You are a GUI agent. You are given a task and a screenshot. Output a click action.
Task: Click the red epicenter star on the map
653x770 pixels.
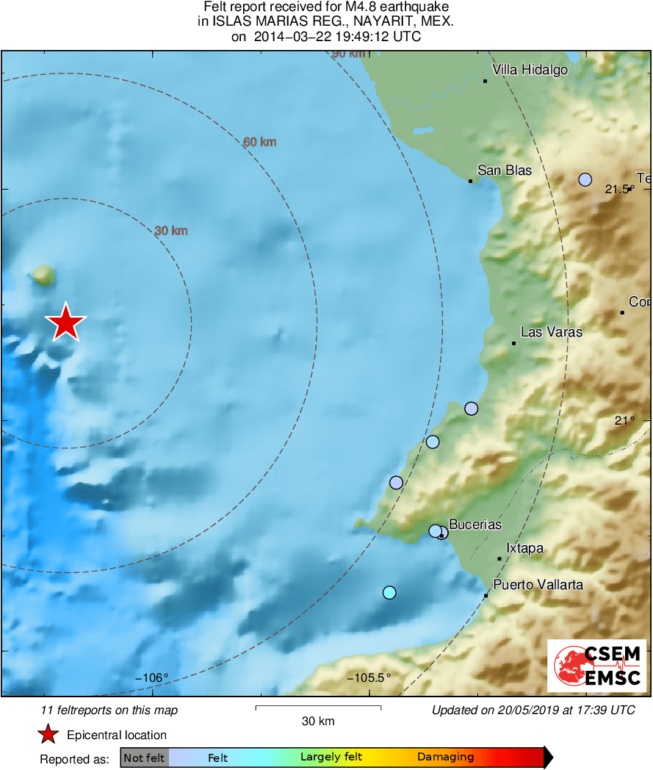pyautogui.click(x=66, y=323)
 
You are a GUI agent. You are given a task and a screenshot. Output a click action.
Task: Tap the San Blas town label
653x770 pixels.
pyautogui.click(x=504, y=170)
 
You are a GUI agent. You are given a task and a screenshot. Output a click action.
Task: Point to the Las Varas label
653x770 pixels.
pyautogui.click(x=551, y=332)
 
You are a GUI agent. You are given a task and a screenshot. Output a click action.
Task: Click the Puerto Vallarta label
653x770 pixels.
pyautogui.click(x=538, y=585)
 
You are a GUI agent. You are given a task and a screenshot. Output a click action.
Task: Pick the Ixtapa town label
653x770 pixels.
pyautogui.click(x=525, y=548)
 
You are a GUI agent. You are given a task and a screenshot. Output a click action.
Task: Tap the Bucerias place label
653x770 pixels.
pyautogui.click(x=475, y=525)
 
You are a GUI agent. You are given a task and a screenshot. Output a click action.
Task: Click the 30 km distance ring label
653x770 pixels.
pyautogui.click(x=171, y=231)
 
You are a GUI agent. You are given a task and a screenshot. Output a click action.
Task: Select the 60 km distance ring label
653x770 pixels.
pyautogui.click(x=260, y=142)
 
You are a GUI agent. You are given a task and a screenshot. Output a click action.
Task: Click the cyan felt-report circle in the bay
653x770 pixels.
pyautogui.click(x=389, y=592)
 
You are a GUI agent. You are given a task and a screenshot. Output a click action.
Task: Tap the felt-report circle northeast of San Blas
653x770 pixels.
pyautogui.click(x=585, y=179)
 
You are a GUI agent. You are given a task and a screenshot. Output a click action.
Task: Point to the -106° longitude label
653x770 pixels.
pyautogui.click(x=152, y=677)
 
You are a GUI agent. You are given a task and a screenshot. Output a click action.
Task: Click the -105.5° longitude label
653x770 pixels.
pyautogui.click(x=369, y=677)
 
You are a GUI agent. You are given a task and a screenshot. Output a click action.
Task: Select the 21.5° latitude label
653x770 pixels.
pyautogui.click(x=618, y=190)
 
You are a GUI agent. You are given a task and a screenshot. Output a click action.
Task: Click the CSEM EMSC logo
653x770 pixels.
pyautogui.click(x=597, y=666)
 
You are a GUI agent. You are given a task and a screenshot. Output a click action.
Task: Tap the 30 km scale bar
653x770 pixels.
pyautogui.click(x=318, y=708)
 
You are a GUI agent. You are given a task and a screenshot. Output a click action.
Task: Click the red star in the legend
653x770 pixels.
pyautogui.click(x=48, y=734)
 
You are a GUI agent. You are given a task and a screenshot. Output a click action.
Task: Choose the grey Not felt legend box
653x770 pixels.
pyautogui.click(x=145, y=758)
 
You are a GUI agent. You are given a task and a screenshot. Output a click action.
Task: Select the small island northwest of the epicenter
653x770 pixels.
pyautogui.click(x=43, y=276)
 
